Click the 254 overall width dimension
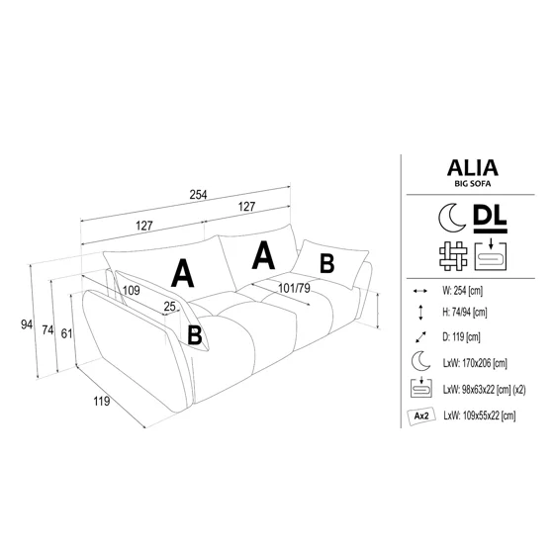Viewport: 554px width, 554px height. (x=198, y=195)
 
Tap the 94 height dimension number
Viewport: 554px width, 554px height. (x=27, y=324)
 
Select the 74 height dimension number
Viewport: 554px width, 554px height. (x=47, y=330)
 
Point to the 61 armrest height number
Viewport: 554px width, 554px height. (x=66, y=333)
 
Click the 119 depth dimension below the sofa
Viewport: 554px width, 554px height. (x=101, y=401)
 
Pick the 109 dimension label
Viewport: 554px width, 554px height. (x=131, y=291)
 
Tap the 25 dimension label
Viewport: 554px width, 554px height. (x=169, y=307)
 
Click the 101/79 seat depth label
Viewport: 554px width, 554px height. (x=294, y=288)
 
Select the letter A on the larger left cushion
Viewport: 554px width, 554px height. (x=182, y=273)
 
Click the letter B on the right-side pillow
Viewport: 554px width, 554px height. (x=326, y=263)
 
